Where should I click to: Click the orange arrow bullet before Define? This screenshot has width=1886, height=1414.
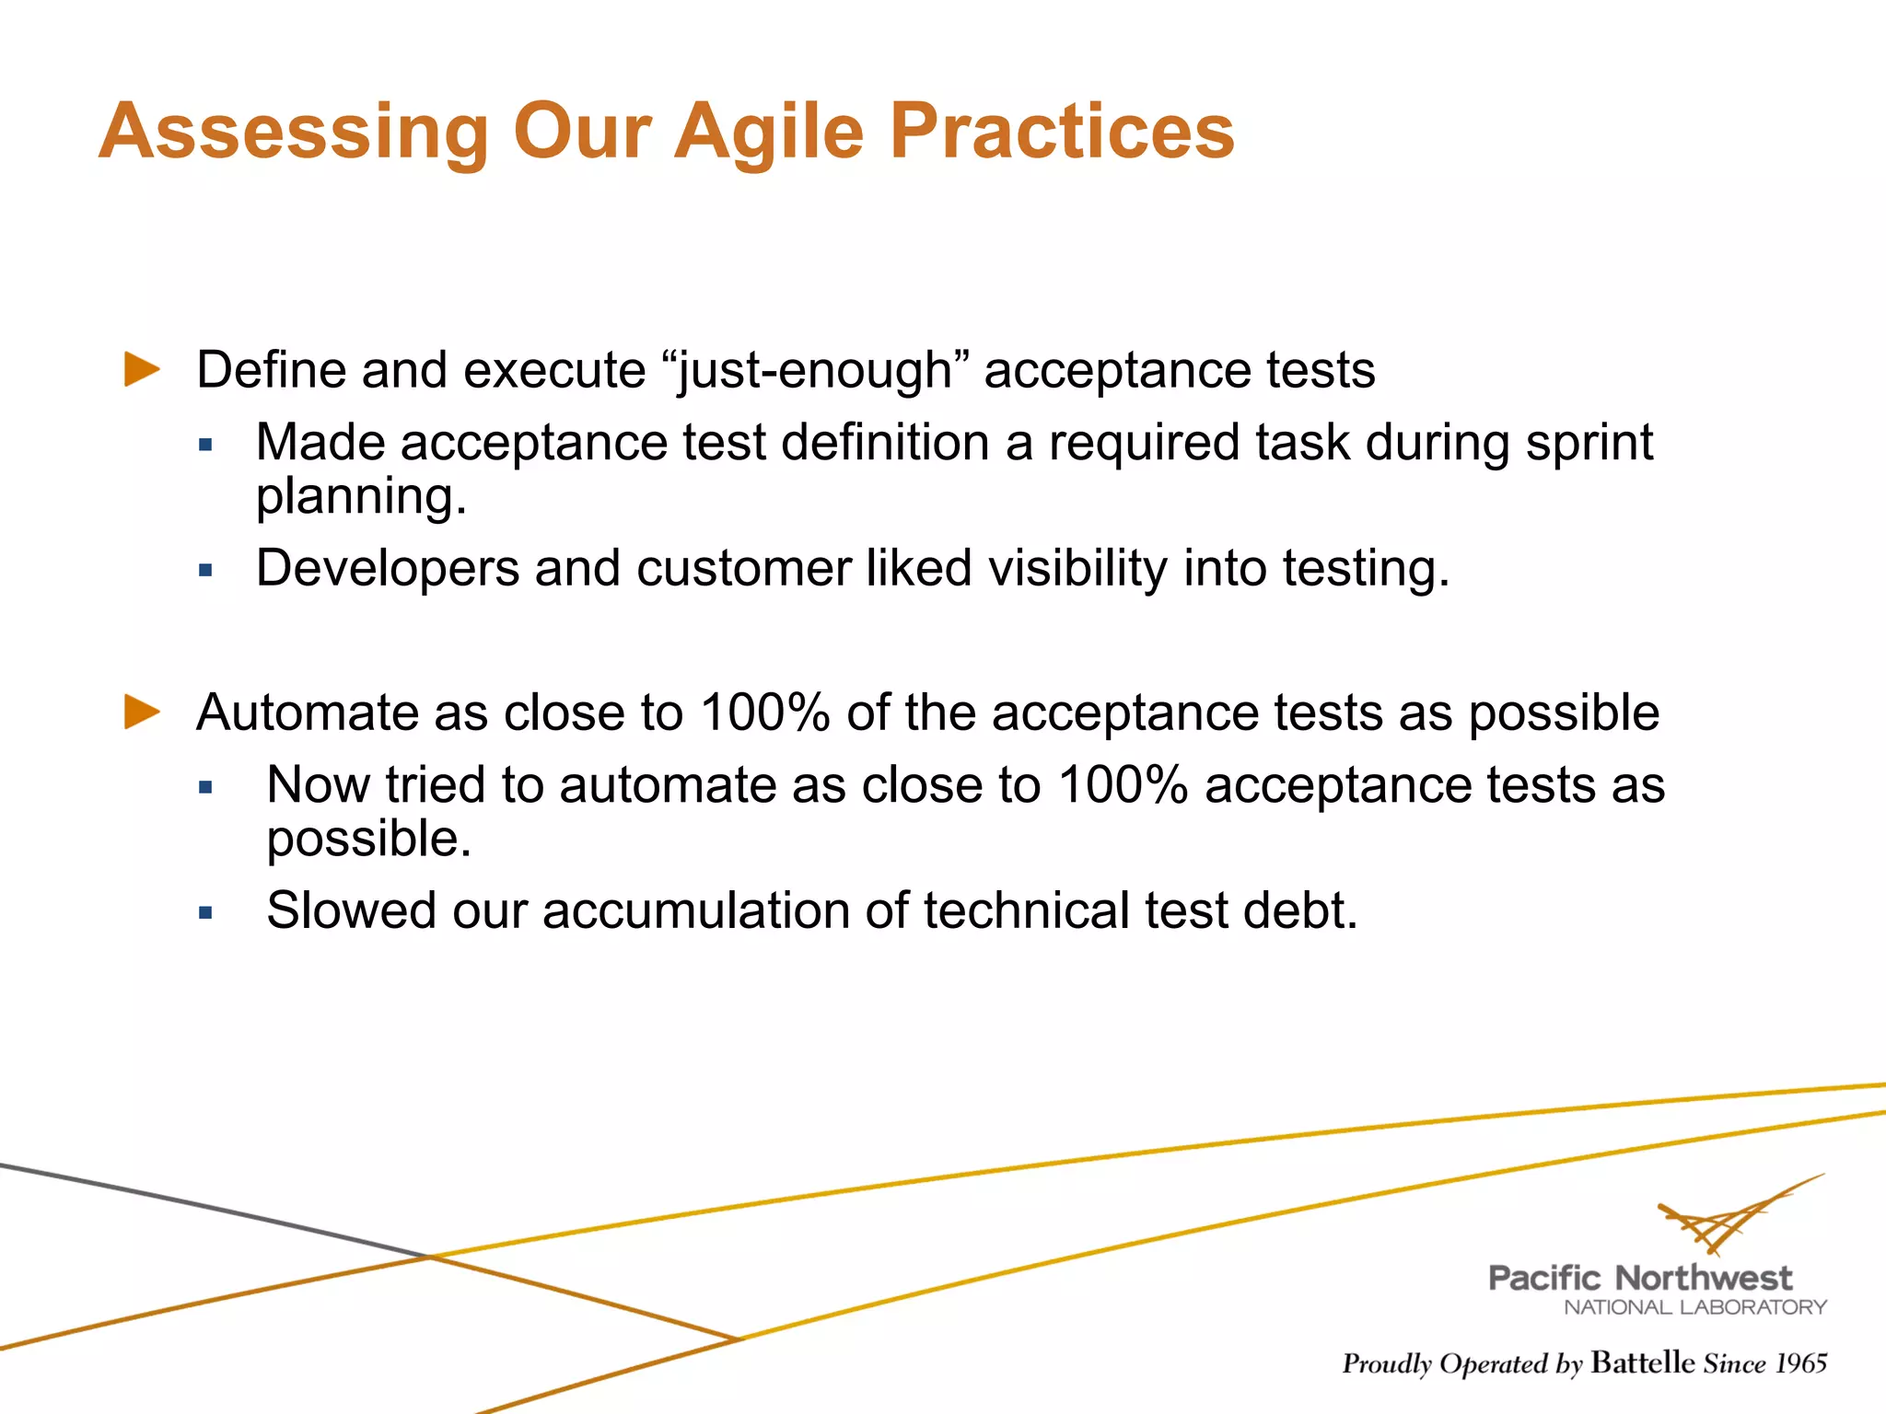tap(142, 369)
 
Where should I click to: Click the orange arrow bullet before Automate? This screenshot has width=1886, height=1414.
tap(142, 712)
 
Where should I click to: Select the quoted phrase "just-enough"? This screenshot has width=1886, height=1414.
tap(816, 371)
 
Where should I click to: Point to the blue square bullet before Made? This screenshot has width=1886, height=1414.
tap(205, 446)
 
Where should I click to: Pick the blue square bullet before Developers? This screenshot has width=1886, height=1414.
tap(205, 571)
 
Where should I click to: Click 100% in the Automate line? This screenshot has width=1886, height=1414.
tap(764, 713)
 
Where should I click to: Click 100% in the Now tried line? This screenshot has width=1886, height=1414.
tap(1123, 785)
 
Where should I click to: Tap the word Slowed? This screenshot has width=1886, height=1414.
tap(351, 910)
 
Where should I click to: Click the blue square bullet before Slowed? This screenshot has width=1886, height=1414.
tap(205, 913)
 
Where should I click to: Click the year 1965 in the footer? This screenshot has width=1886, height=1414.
tap(1800, 1363)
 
